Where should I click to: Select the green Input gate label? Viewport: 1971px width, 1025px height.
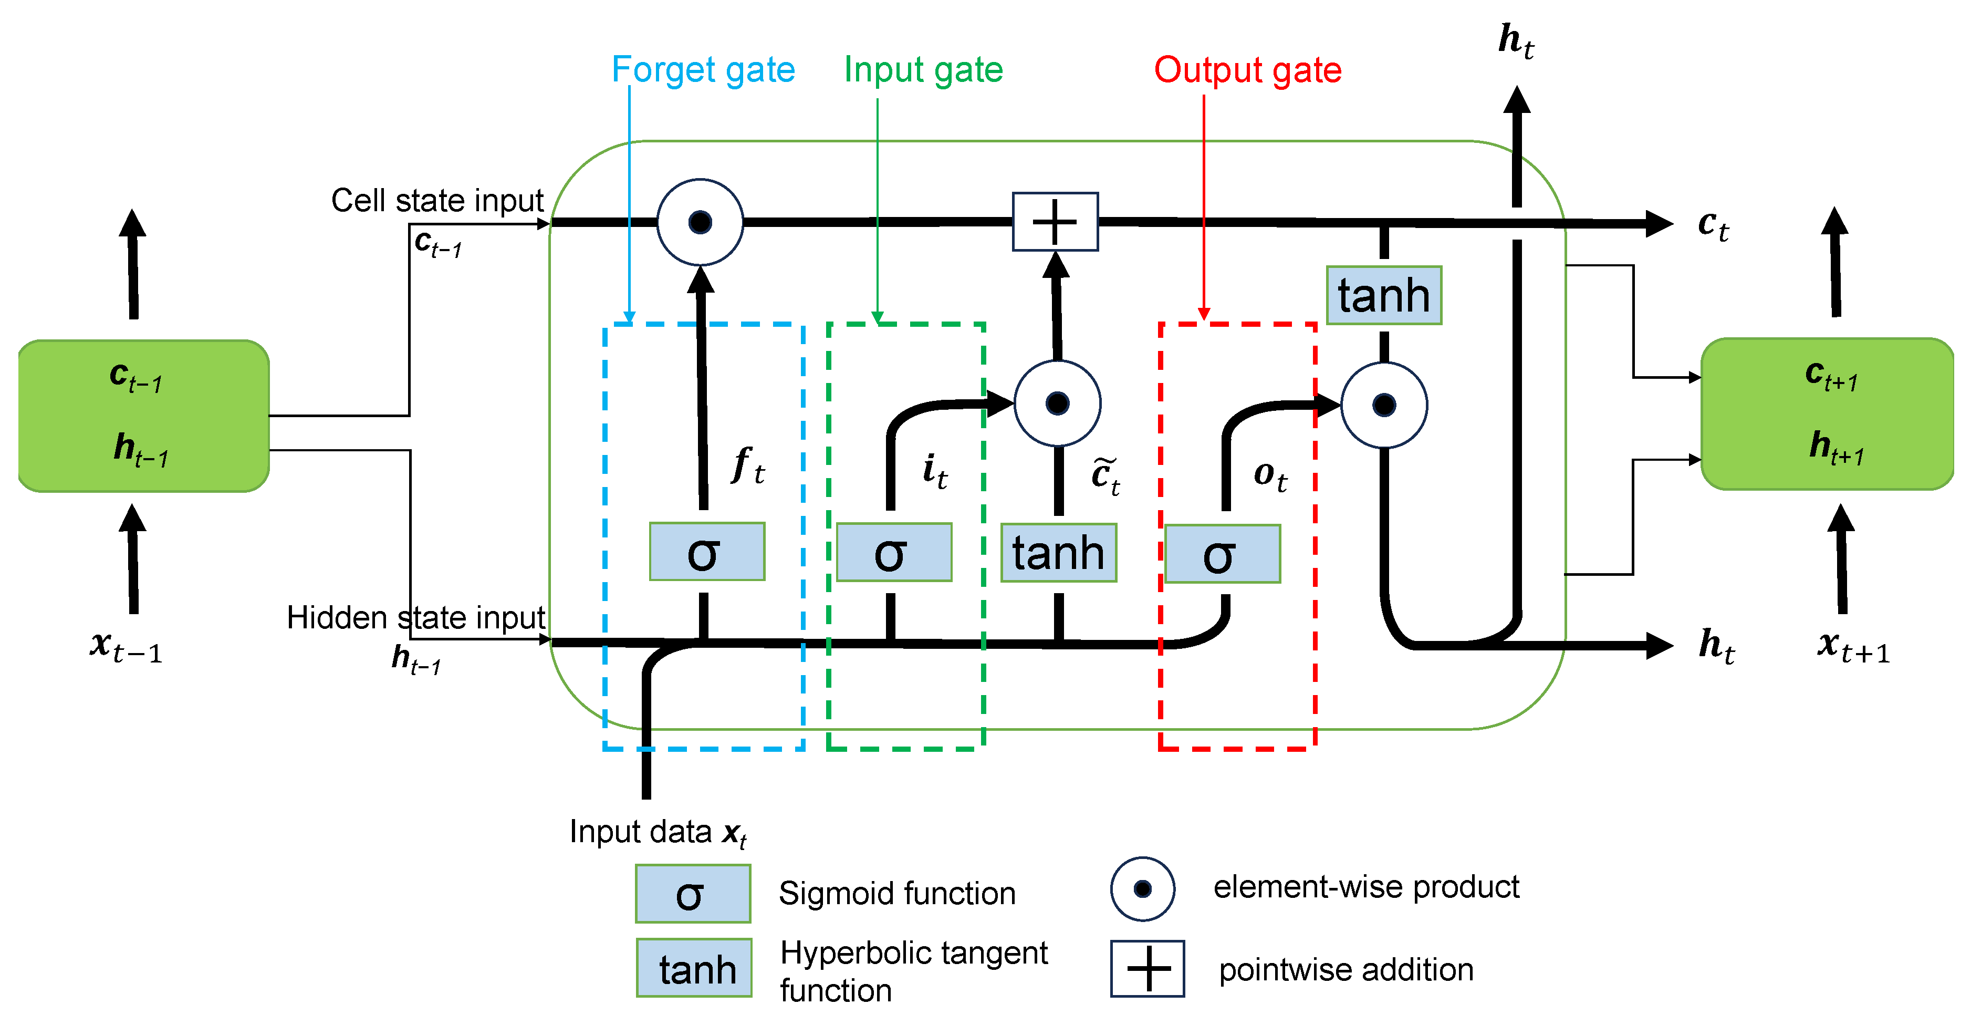(923, 70)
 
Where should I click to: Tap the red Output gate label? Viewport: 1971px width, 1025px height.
(1247, 70)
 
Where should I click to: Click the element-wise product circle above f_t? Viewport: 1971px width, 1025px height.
(700, 222)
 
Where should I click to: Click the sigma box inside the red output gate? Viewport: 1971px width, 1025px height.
(1222, 553)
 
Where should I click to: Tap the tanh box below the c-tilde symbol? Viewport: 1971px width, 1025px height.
(1058, 552)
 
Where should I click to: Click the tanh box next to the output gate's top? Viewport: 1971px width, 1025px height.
(1383, 295)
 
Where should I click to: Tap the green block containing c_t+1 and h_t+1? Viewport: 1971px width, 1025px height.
(1827, 413)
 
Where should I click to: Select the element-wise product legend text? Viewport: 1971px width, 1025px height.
(1366, 886)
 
